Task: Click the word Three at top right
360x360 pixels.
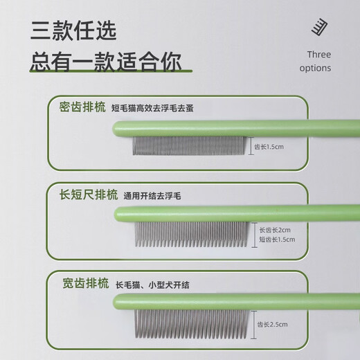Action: pyautogui.click(x=318, y=55)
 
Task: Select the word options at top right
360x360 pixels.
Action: pyautogui.click(x=316, y=68)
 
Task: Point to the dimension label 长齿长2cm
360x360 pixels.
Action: pyautogui.click(x=276, y=229)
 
